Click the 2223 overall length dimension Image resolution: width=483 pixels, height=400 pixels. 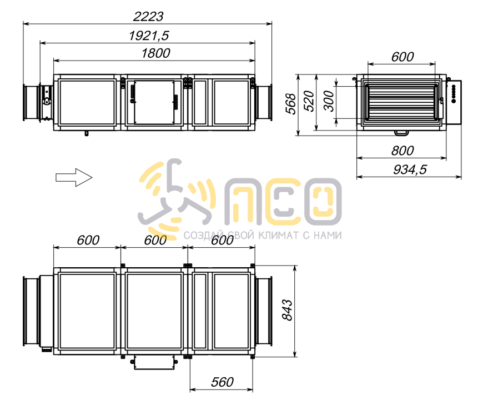(148, 17)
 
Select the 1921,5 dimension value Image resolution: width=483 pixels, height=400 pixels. (149, 36)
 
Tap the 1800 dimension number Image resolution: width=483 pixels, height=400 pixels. (155, 53)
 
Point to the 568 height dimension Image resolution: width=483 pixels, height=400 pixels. (291, 104)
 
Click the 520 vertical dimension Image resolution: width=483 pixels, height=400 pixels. (309, 101)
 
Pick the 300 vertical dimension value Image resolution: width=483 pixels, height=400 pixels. (329, 101)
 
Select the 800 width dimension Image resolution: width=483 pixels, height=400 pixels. (402, 151)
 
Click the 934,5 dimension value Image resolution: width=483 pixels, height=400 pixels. (410, 169)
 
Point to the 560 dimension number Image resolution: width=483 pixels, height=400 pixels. (222, 382)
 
